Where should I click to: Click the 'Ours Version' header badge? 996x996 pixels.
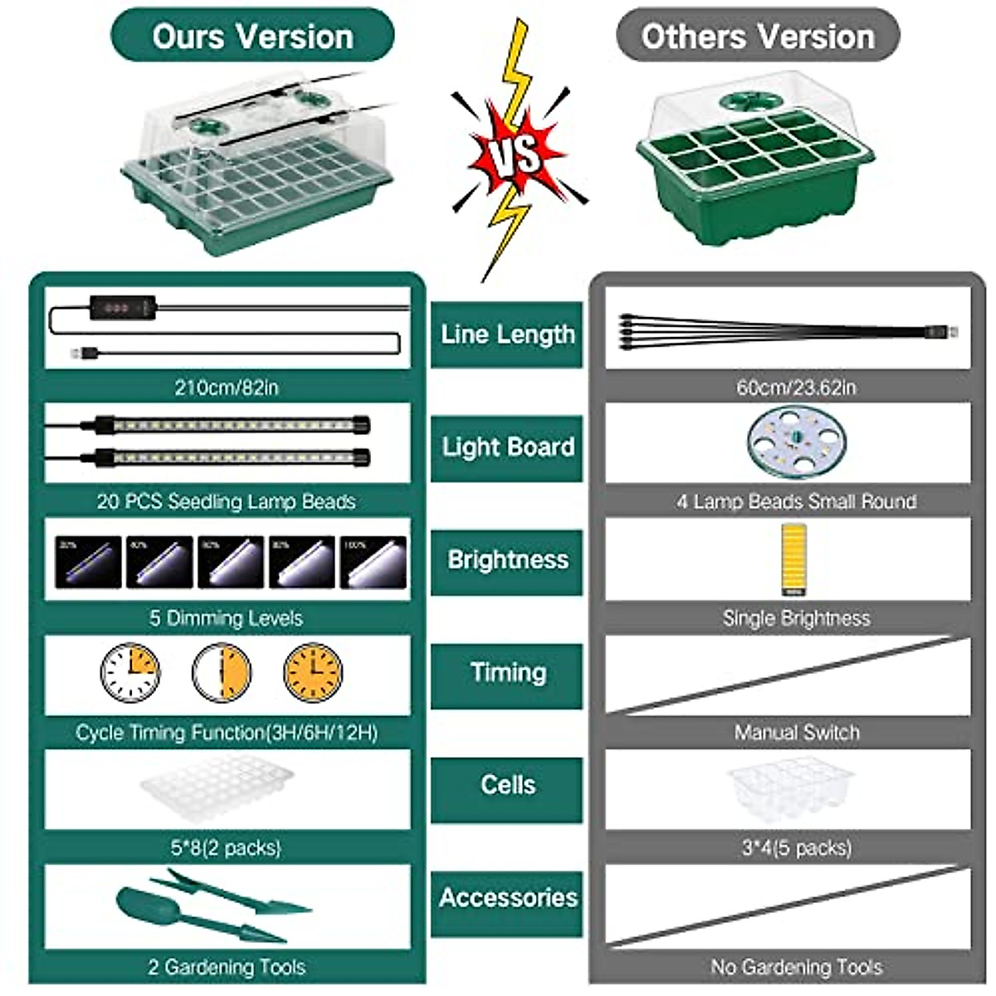pos(252,36)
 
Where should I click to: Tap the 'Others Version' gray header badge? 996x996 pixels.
pos(758,36)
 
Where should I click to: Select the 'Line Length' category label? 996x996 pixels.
pos(507,334)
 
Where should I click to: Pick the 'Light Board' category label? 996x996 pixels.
pos(507,447)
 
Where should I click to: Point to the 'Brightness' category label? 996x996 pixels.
pos(507,560)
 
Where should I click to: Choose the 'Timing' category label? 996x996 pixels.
pos(507,673)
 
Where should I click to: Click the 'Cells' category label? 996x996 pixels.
pos(507,786)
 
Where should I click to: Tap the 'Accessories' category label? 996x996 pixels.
pos(507,898)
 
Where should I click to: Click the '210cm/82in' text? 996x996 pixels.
pos(226,388)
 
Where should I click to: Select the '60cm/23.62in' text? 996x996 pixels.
pos(795,388)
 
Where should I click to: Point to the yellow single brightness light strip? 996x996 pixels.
pos(794,558)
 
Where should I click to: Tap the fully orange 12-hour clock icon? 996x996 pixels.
pos(313,672)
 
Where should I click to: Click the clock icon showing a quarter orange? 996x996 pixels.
pos(131,672)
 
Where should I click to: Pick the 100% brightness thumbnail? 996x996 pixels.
pos(373,562)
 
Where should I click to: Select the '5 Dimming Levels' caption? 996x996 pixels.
pos(226,618)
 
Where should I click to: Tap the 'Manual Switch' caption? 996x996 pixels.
pos(796,733)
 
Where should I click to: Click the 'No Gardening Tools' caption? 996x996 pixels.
pos(796,967)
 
